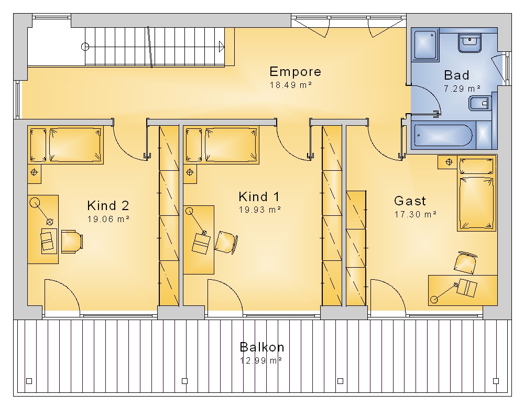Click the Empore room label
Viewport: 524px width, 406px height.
click(x=296, y=72)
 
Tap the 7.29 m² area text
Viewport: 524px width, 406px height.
click(x=462, y=89)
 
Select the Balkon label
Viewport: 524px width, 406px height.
click(x=262, y=347)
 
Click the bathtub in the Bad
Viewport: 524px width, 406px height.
click(x=443, y=135)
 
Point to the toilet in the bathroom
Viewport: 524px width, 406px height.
click(x=480, y=103)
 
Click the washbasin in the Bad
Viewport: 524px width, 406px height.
click(x=470, y=42)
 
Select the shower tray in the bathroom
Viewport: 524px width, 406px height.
click(x=425, y=45)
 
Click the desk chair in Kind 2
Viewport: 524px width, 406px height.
click(x=72, y=242)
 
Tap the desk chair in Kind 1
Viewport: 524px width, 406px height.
click(x=226, y=242)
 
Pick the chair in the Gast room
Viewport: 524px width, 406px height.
click(x=465, y=262)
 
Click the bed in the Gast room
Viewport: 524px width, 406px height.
click(x=476, y=193)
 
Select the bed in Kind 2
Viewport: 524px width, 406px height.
click(x=65, y=145)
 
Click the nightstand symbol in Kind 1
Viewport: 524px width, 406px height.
click(x=190, y=172)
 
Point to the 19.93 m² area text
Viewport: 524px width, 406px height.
click(x=260, y=210)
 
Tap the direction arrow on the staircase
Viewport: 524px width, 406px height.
click(x=222, y=47)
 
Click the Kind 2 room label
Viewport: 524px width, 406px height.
click(x=108, y=205)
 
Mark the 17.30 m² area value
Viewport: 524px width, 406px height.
click(x=416, y=214)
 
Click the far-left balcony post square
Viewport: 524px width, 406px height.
click(x=29, y=381)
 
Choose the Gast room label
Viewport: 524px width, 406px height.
click(x=410, y=201)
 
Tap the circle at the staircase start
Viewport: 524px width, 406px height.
click(x=85, y=47)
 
